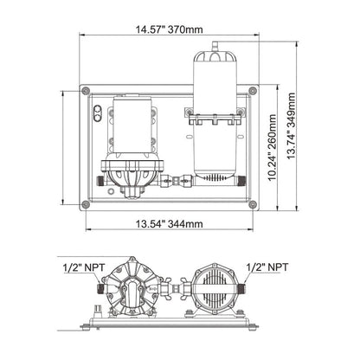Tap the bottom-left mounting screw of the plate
click(x=84, y=204)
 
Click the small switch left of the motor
click(x=98, y=112)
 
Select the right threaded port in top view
click(x=238, y=179)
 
